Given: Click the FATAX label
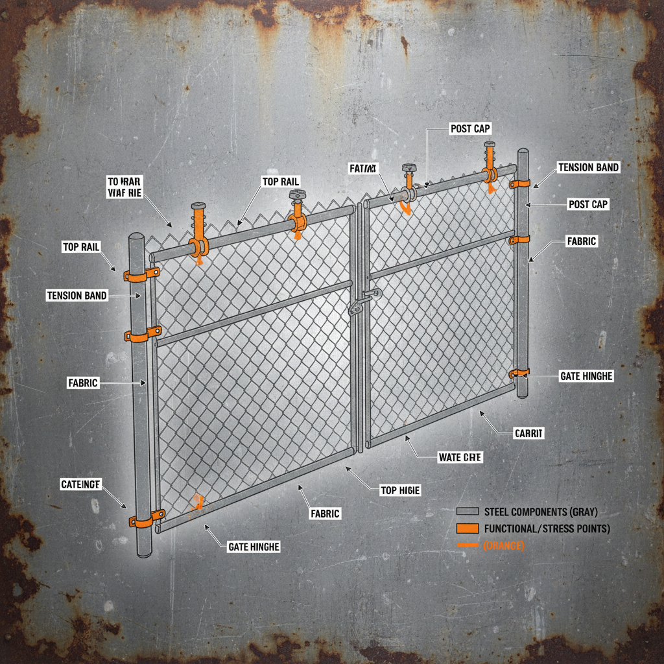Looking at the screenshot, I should tap(362, 169).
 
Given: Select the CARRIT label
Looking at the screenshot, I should tap(528, 433).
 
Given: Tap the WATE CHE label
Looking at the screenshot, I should tap(460, 457).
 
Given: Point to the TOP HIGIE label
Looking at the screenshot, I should tap(400, 490).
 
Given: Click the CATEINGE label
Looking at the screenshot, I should tap(80, 484).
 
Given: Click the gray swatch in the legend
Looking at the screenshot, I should tap(467, 511).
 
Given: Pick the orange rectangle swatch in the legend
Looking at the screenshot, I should tap(467, 528).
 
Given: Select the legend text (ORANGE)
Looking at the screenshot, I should tap(504, 546).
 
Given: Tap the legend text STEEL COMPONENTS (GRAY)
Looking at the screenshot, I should tap(541, 511).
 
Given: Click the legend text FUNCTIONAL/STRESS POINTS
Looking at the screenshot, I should tap(547, 528).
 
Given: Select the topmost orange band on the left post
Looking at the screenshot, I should tap(142, 274).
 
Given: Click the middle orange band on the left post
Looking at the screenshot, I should tap(143, 335).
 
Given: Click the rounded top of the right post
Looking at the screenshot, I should tap(523, 154).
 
